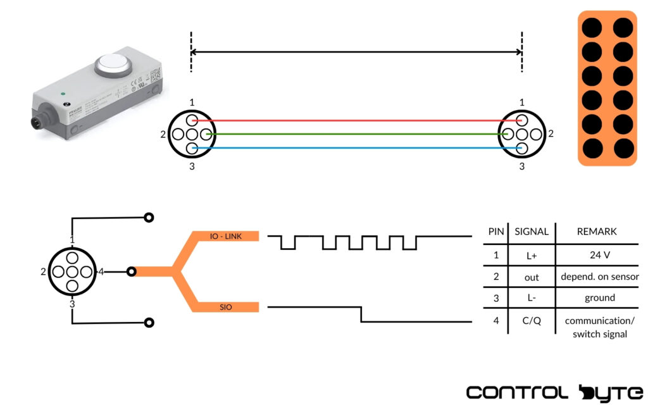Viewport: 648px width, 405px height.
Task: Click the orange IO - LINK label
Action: click(225, 236)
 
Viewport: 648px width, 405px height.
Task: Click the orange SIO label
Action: click(225, 308)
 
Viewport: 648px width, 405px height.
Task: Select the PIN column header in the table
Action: click(496, 232)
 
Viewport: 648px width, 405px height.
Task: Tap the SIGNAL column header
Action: click(532, 232)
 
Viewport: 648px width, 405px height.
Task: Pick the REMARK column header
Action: click(597, 232)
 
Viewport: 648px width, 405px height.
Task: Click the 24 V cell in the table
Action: click(599, 255)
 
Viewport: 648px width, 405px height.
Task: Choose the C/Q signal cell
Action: click(532, 321)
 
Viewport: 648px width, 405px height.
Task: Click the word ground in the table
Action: click(599, 297)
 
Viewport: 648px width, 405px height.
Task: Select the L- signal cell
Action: click(532, 297)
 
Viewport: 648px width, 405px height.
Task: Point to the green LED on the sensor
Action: click(63, 95)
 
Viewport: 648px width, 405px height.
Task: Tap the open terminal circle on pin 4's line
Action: click(131, 272)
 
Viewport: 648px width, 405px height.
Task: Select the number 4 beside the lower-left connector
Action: click(101, 272)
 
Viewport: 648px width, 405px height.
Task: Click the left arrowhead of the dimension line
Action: click(195, 53)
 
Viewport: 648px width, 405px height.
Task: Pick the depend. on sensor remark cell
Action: click(599, 277)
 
